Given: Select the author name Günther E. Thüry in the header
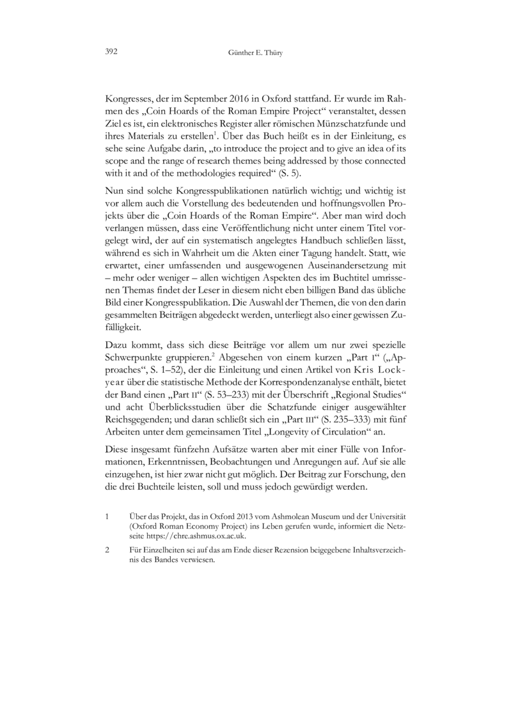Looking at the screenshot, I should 255,54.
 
